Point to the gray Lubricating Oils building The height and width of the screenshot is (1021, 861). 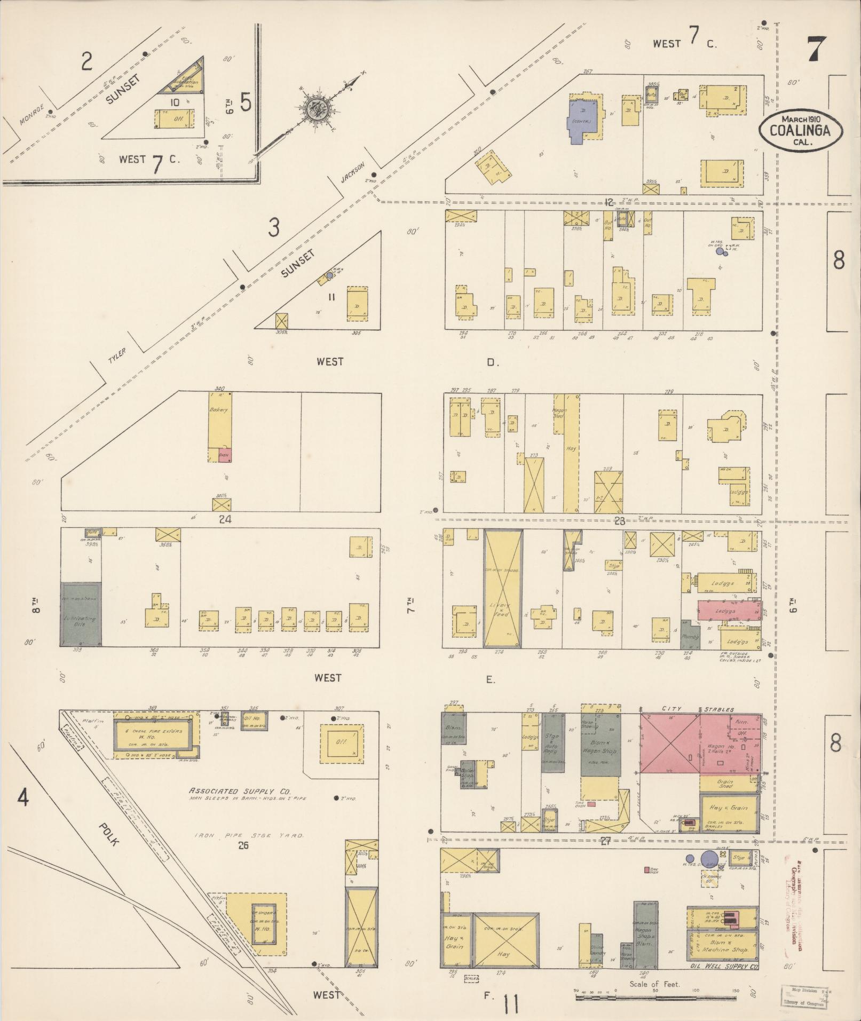coord(81,614)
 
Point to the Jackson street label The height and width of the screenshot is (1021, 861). coord(353,172)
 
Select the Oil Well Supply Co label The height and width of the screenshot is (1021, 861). coord(723,967)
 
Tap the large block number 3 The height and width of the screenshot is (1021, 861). coord(273,228)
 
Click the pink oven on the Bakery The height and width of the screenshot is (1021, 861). coord(224,455)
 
